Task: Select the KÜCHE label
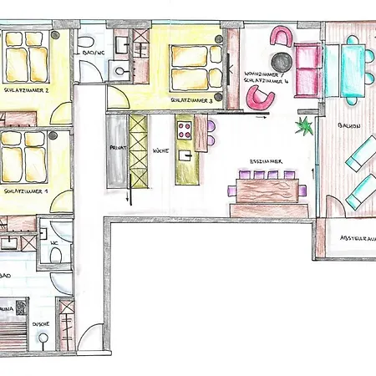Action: click(161, 151)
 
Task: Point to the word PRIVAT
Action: click(117, 147)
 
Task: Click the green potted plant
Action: click(304, 127)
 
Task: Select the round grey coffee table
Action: click(282, 62)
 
